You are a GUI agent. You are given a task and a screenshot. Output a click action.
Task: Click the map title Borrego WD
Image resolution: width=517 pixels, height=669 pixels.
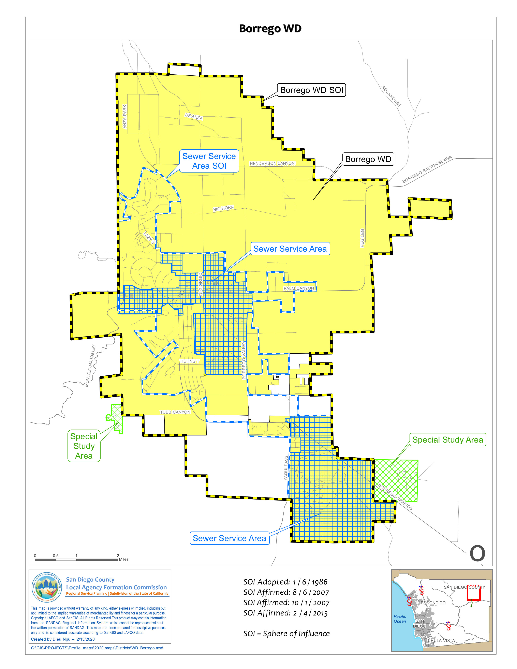pos(270,29)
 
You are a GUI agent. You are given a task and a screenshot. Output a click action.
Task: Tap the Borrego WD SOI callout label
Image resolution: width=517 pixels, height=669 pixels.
pos(311,90)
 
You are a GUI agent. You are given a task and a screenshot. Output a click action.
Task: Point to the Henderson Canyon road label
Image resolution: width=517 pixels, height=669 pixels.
pos(272,164)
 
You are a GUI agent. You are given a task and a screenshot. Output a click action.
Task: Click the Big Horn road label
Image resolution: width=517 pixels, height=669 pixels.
pos(223,208)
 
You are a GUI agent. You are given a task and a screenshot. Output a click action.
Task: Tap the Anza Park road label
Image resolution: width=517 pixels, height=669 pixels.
pos(125,117)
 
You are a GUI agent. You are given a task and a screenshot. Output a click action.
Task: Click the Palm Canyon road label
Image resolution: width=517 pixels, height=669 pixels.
pos(299,288)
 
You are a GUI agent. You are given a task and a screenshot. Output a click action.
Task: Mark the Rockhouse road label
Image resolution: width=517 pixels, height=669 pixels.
pos(391,96)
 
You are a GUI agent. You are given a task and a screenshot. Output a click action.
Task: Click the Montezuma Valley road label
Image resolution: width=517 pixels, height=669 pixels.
pos(90,366)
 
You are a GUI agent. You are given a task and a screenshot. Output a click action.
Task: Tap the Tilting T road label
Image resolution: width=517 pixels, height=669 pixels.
pos(189,361)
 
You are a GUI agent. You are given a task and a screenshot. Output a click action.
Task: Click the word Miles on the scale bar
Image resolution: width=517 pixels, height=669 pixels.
pos(124,559)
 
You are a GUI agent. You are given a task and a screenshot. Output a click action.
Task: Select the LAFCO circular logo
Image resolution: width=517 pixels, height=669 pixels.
pos(47,588)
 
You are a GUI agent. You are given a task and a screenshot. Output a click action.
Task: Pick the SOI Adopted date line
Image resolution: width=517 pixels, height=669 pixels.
pos(285,582)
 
